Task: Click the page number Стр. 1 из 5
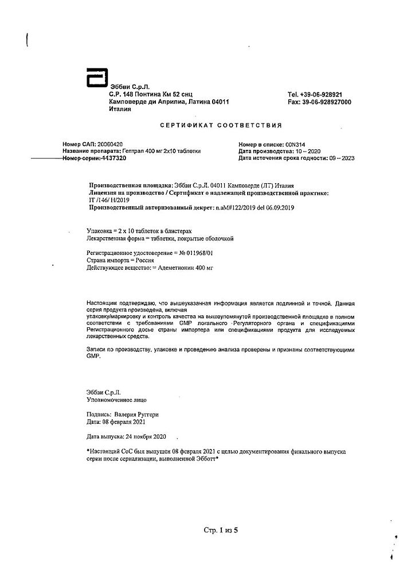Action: (220, 529)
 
